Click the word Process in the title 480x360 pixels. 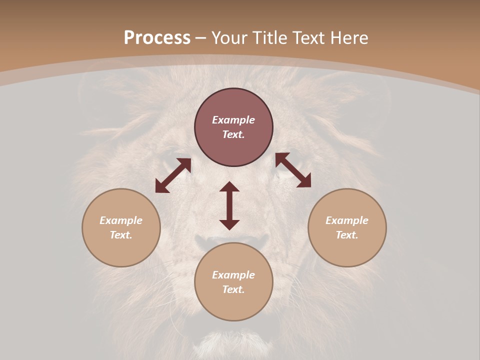point(157,38)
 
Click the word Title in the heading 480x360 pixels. point(270,38)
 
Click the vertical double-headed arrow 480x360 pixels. point(229,205)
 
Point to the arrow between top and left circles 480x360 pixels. point(173,175)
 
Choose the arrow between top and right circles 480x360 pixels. point(293,170)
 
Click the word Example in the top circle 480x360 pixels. point(233,120)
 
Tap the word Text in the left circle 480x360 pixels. point(121,235)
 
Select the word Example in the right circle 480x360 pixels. point(347,220)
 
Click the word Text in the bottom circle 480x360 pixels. point(233,289)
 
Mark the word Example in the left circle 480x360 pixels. point(121,220)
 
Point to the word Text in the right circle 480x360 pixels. point(347,235)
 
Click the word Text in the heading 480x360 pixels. point(310,38)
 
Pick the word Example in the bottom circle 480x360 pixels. point(233,275)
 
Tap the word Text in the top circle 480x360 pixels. point(233,134)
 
